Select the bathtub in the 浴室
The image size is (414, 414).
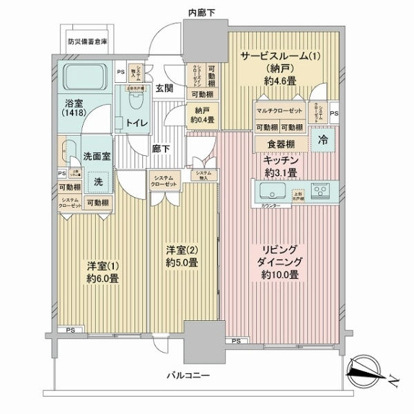tap(85, 79)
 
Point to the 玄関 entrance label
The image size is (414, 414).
tap(164, 88)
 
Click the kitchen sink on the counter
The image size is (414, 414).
tap(271, 188)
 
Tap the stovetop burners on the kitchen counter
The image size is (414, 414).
tap(320, 188)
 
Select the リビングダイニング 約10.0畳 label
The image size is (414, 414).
tap(279, 261)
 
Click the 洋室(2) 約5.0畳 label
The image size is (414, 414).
tap(182, 255)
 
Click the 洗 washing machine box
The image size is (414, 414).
tap(98, 182)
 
